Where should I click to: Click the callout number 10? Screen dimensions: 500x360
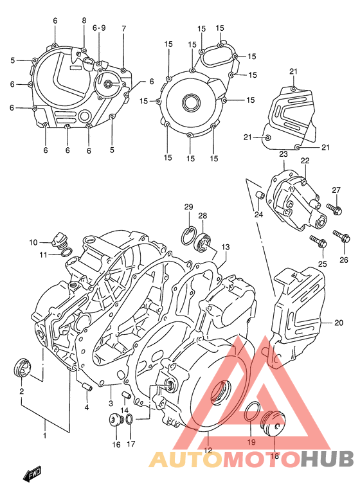(33, 242)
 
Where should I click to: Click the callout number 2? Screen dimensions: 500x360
(21, 391)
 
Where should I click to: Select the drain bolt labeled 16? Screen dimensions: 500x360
(116, 421)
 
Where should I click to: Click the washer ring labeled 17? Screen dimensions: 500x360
(130, 420)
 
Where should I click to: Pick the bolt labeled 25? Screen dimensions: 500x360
(318, 242)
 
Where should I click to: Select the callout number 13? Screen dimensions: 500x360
(226, 247)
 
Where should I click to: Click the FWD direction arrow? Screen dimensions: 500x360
(32, 474)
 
